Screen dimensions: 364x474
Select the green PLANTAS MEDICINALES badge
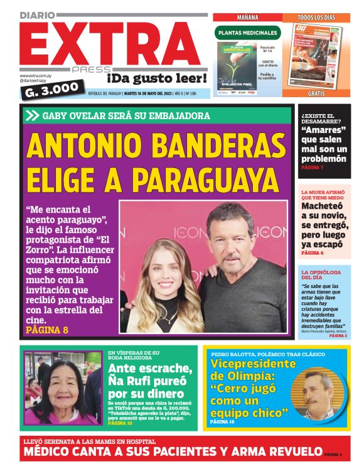246,33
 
